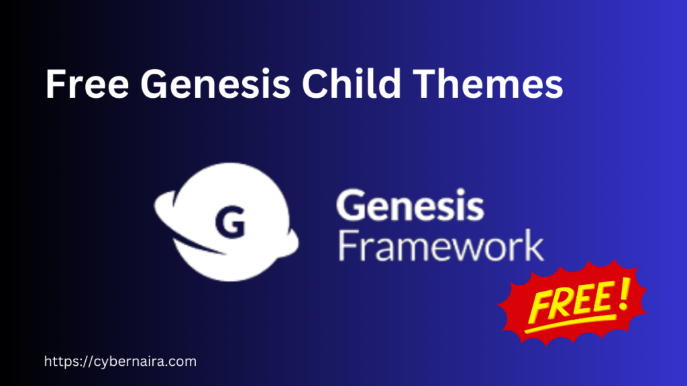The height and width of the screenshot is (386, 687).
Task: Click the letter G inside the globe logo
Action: click(229, 222)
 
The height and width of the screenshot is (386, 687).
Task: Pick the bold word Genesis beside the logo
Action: click(409, 206)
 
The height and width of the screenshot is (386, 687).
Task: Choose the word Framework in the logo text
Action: click(440, 246)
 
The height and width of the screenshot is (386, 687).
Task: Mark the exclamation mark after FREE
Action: click(621, 295)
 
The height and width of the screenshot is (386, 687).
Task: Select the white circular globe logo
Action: click(231, 221)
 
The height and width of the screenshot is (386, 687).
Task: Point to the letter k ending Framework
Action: click(534, 246)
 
